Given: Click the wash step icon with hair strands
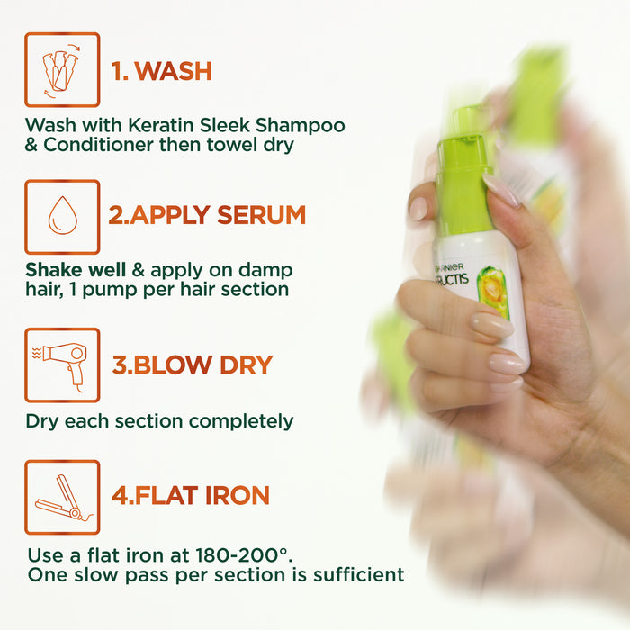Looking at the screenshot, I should point(62,69).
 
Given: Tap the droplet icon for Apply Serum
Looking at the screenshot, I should point(62,216).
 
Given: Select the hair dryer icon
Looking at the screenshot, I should point(62,364).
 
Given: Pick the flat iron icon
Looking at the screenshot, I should point(62,497).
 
